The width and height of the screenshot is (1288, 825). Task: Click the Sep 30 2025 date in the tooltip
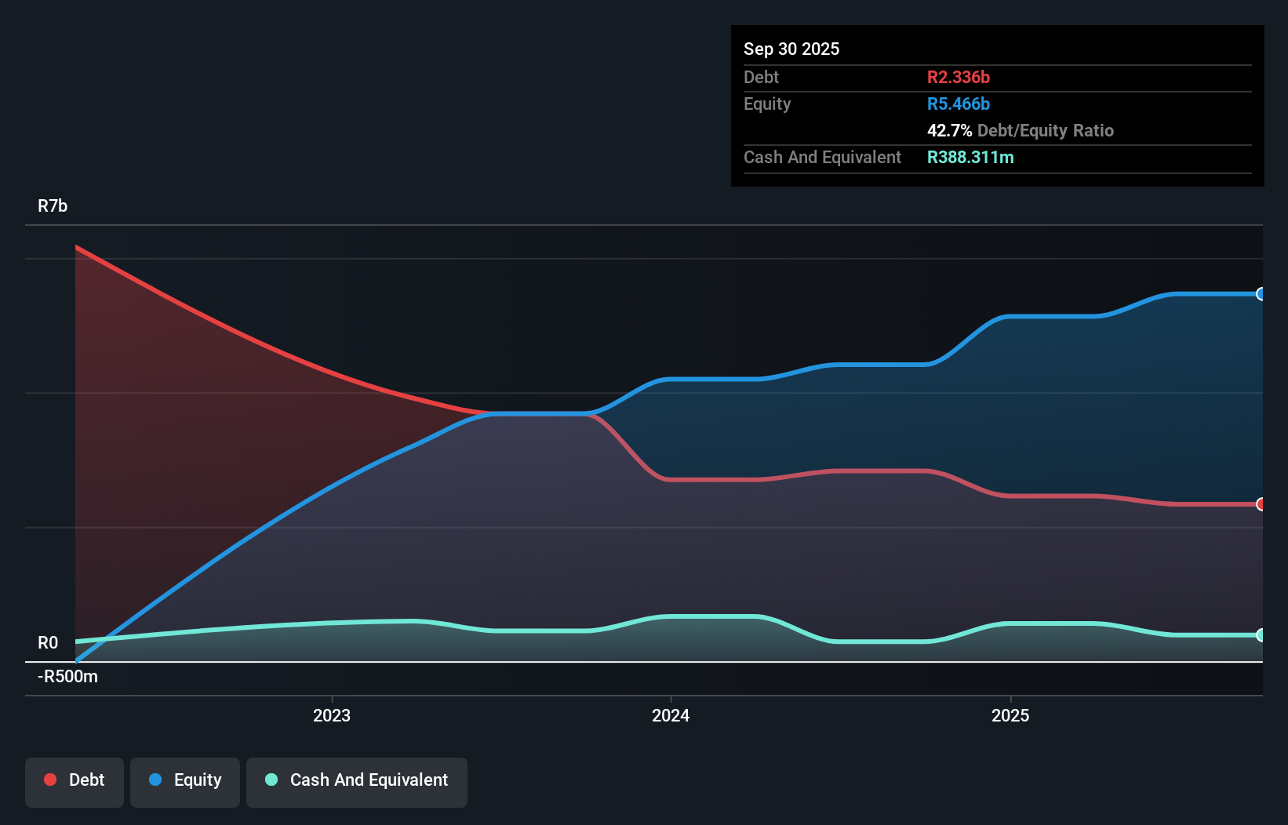coord(791,49)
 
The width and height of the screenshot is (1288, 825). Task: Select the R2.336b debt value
coord(958,77)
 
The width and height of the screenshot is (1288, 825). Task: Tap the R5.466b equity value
coord(958,104)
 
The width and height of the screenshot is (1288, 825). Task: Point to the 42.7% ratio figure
coord(949,130)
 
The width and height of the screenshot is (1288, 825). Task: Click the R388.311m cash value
coord(970,157)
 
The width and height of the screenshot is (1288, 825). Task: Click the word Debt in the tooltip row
coord(761,77)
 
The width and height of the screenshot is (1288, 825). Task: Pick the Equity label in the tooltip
coord(766,104)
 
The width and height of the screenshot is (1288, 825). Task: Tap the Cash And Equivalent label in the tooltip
coord(822,157)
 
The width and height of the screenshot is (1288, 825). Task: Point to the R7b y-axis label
coord(53,205)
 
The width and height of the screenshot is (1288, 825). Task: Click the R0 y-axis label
coord(48,643)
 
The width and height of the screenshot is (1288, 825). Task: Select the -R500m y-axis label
coord(68,676)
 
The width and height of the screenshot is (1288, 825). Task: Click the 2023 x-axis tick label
coord(332,715)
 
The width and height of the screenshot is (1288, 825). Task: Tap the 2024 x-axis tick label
coord(671,715)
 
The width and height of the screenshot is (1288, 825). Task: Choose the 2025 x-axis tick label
coord(1010,715)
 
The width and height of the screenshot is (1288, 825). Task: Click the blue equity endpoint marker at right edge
coord(1261,294)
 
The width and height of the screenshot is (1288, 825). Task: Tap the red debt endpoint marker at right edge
coord(1261,504)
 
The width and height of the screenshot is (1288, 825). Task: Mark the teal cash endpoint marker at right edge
coord(1261,635)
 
